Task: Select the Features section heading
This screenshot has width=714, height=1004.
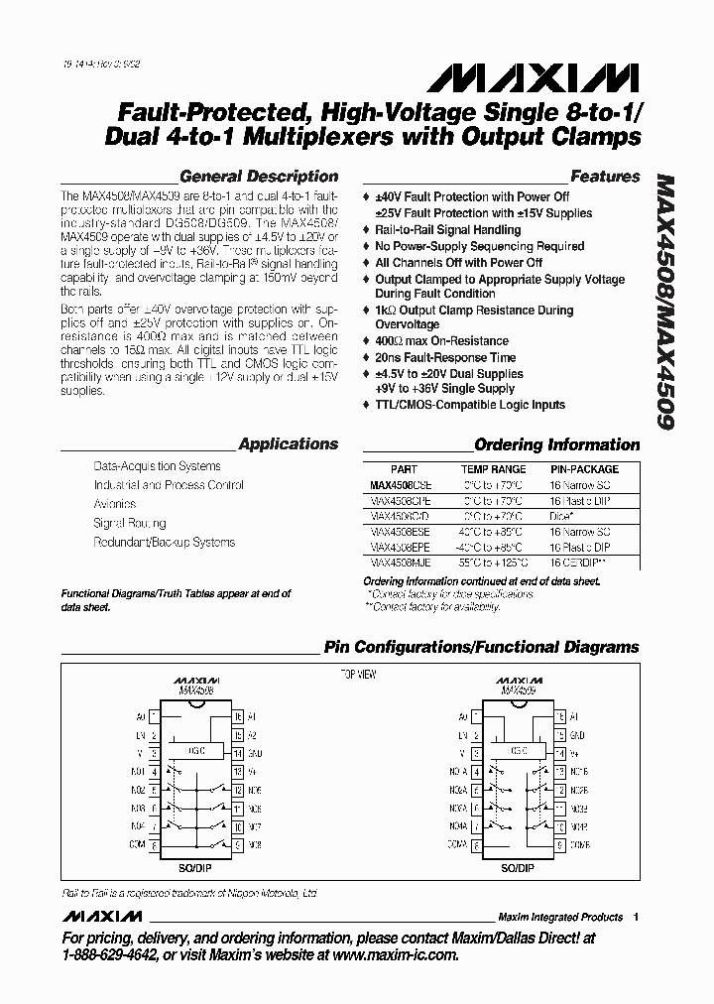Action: pos(605,177)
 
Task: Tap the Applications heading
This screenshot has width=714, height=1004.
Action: pos(289,444)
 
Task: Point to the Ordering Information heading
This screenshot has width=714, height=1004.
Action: pos(556,444)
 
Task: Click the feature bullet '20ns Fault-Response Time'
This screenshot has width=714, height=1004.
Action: pos(445,357)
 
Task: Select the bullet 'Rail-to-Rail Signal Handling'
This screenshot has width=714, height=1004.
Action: pos(447,229)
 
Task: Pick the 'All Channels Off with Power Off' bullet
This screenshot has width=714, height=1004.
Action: pos(458,262)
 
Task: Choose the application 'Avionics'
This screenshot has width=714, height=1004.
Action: pos(115,504)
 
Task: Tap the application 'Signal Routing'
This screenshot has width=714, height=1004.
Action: pos(130,523)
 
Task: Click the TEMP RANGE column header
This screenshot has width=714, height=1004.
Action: pos(493,468)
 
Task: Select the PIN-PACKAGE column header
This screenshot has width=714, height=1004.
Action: pos(584,468)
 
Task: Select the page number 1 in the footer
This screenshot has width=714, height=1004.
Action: pos(636,917)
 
